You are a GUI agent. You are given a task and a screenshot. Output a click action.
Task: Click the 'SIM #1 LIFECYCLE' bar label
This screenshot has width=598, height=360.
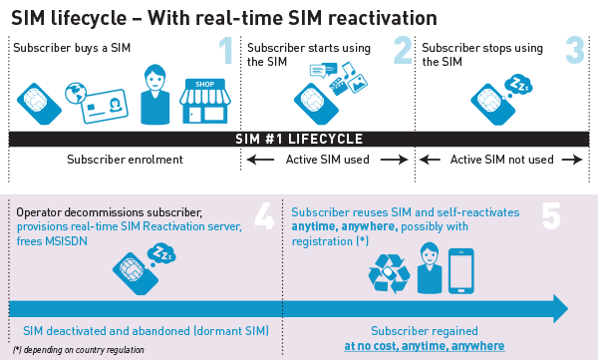[x=298, y=139]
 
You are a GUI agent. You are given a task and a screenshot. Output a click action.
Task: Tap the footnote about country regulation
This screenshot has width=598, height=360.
[x=79, y=350]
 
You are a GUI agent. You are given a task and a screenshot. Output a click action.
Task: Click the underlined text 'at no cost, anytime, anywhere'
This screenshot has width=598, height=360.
[x=425, y=346]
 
